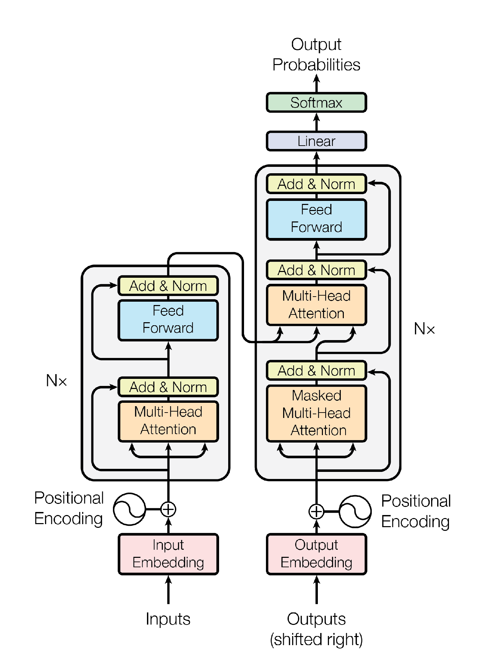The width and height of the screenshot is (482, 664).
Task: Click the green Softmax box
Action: pos(316,102)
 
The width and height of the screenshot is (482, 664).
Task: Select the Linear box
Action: pos(316,141)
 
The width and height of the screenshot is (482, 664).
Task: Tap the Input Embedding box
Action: pos(168,554)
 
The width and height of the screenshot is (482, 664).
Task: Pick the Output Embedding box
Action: pos(316,554)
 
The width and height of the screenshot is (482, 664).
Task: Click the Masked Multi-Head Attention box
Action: pos(316,413)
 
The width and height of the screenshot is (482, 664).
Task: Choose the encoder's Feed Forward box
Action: pos(168,320)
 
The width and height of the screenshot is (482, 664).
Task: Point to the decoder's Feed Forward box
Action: pos(316,219)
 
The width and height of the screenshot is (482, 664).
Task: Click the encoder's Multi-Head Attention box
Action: pos(168,421)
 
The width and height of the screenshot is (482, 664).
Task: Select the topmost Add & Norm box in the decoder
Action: pos(316,184)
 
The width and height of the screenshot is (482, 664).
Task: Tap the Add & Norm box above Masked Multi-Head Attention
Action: pos(316,371)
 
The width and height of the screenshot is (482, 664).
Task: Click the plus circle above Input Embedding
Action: pos(168,509)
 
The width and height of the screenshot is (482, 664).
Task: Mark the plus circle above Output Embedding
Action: pos(316,512)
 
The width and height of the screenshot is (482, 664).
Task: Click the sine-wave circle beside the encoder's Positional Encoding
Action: pos(129,509)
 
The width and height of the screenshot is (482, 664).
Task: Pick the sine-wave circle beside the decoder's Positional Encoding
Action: pos(355,512)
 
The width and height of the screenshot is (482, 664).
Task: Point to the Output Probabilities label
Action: pos(316,55)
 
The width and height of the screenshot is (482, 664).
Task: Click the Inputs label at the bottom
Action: pos(168,619)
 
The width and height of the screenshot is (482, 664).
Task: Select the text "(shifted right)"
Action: pos(316,639)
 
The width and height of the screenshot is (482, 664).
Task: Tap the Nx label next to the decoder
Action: pos(424,329)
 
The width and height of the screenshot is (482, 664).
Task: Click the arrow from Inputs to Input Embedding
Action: pos(168,590)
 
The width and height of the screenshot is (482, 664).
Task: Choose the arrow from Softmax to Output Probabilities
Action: pos(316,84)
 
